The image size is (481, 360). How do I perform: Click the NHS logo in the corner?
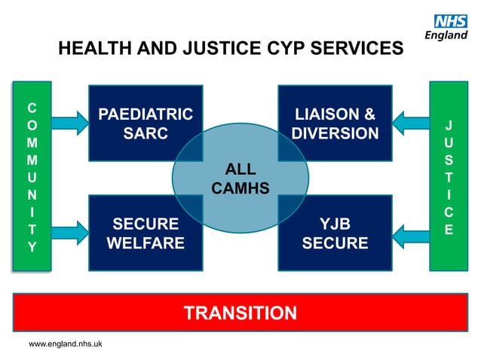click(450, 22)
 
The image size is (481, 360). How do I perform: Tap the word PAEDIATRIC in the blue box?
click(146, 115)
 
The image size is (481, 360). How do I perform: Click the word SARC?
click(146, 134)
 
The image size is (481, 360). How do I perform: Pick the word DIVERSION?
click(335, 134)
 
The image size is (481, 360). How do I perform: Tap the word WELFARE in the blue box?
click(146, 243)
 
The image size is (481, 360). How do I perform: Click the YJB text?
click(335, 224)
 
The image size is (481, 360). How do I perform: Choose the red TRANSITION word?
click(240, 313)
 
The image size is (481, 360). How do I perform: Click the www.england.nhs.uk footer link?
click(66, 344)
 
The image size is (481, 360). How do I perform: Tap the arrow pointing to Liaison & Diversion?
click(411, 121)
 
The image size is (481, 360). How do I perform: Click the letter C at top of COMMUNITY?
click(30, 106)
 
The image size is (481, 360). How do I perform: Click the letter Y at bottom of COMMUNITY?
click(30, 246)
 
